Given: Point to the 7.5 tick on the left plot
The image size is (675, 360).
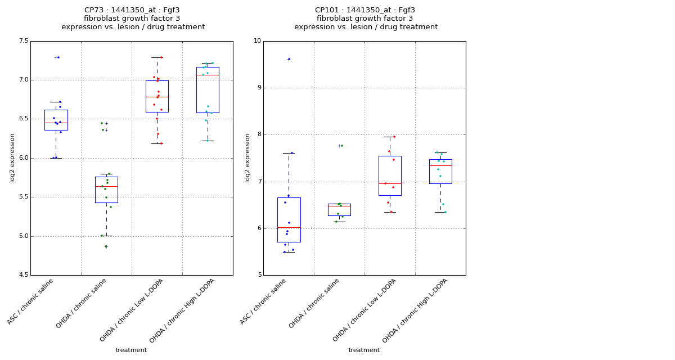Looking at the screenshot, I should pyautogui.click(x=23, y=41).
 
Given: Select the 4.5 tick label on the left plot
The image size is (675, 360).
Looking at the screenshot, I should pyautogui.click(x=23, y=275).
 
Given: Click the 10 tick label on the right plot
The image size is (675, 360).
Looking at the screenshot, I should pyautogui.click(x=257, y=41).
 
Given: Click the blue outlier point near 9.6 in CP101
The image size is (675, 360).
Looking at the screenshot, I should pyautogui.click(x=289, y=59).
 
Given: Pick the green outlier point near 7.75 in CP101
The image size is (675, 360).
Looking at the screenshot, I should pyautogui.click(x=341, y=146).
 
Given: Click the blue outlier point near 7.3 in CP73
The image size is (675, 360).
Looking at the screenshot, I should pyautogui.click(x=58, y=57).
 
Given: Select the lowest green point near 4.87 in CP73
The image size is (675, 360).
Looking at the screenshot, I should pyautogui.click(x=106, y=246).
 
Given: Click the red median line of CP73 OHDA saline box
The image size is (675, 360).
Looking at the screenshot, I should pyautogui.click(x=106, y=186).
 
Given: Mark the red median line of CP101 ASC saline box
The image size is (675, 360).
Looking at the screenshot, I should pyautogui.click(x=289, y=228).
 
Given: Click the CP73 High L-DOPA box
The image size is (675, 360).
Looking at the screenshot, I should pyautogui.click(x=208, y=90).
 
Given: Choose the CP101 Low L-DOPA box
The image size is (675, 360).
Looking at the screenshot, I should pyautogui.click(x=390, y=175).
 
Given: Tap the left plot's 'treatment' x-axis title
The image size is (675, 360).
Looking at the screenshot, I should pyautogui.click(x=131, y=350).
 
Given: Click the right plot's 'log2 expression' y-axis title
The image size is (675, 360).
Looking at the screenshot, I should pyautogui.click(x=247, y=158).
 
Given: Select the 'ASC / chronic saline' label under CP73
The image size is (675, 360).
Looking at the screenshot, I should pyautogui.click(x=31, y=301).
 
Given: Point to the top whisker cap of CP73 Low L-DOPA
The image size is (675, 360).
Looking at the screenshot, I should pyautogui.click(x=157, y=57).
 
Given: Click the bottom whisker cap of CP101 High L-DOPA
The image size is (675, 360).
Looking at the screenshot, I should pyautogui.click(x=440, y=212).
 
